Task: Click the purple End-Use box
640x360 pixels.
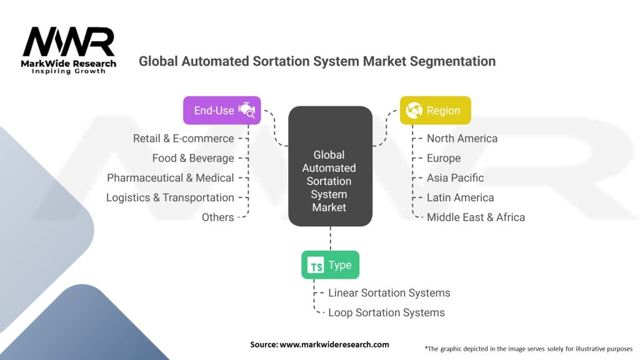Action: (x=222, y=110)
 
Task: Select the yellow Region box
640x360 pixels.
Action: (x=435, y=110)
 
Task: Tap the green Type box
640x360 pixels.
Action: (x=330, y=265)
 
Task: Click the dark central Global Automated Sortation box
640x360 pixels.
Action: (x=330, y=166)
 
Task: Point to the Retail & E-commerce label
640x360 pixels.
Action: (x=184, y=138)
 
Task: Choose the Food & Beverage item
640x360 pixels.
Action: (x=193, y=158)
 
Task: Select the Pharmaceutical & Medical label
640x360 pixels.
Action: (x=171, y=178)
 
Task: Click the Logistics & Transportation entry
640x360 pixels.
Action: (x=170, y=197)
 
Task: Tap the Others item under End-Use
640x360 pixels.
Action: (x=218, y=217)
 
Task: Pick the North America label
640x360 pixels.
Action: (x=462, y=138)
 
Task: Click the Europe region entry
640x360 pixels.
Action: (x=444, y=158)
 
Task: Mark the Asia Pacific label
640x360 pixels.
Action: (x=455, y=178)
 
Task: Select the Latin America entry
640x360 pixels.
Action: (x=461, y=197)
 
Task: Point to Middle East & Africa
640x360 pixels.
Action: (x=476, y=217)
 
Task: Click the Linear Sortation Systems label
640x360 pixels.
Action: (x=389, y=292)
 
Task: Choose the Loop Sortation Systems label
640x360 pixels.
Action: (x=386, y=312)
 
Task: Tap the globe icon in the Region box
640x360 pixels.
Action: (x=414, y=110)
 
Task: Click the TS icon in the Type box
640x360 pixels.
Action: (x=316, y=265)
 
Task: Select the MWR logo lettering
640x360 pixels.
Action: (x=69, y=42)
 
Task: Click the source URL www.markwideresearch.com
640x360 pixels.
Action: (x=334, y=344)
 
